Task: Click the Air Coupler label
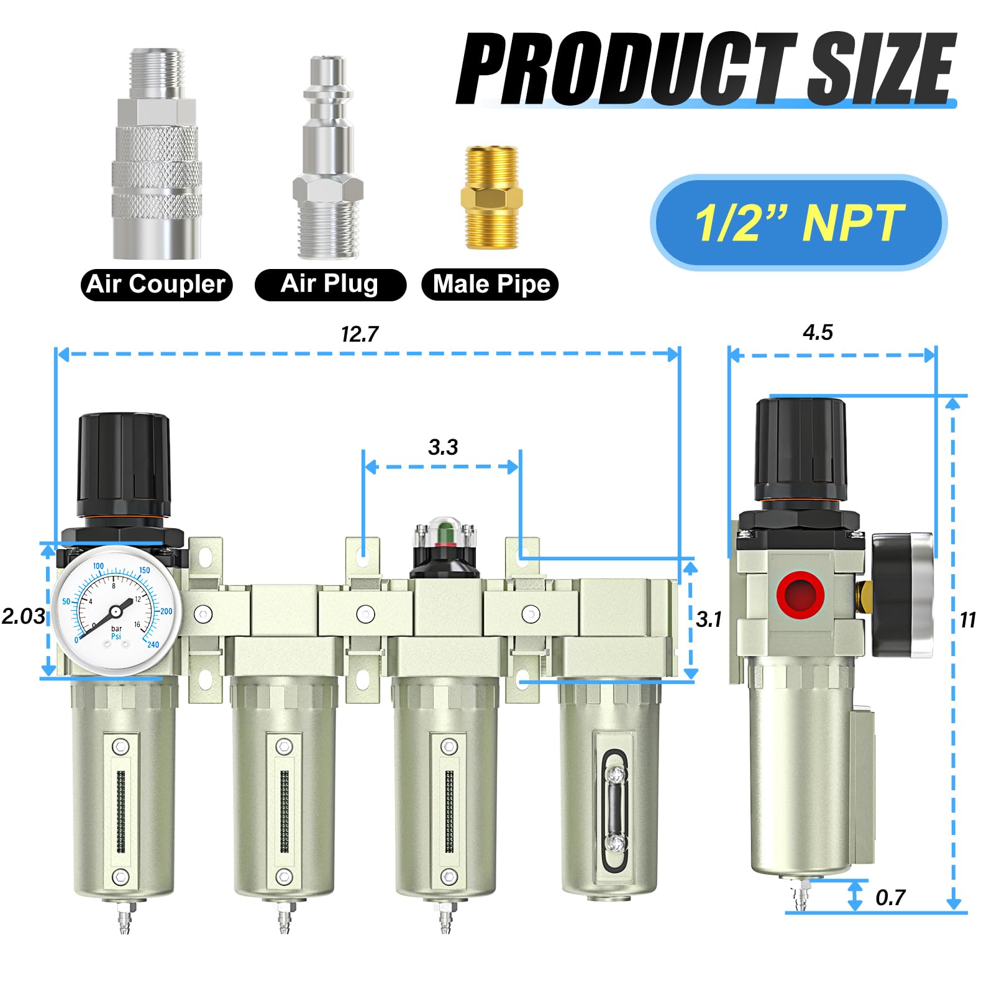156,285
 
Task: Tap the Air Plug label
330,284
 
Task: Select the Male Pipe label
491,285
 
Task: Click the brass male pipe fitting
491,198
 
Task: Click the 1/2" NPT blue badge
798,222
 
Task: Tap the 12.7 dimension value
359,335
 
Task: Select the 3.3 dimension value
442,447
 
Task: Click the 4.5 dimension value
818,332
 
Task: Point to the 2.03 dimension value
23,616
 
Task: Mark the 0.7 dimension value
890,898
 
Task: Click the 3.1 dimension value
709,619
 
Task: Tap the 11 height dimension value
968,620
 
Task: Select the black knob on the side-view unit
800,450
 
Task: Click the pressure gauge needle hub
116,612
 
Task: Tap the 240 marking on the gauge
153,644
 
